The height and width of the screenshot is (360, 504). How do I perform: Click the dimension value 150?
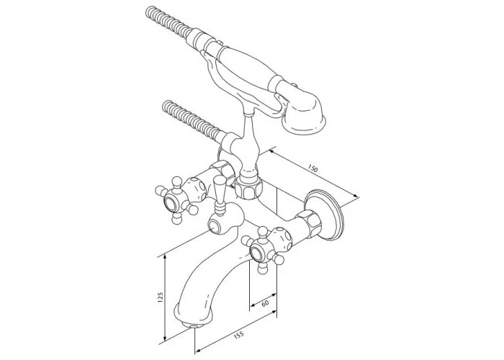pyautogui.click(x=312, y=168)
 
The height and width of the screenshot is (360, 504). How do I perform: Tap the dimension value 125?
pyautogui.click(x=161, y=298)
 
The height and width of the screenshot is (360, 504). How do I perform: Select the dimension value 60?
pyautogui.click(x=265, y=303)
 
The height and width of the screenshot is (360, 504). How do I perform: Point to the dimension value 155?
pyautogui.click(x=238, y=336)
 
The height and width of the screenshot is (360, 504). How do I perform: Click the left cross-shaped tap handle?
pyautogui.click(x=176, y=199)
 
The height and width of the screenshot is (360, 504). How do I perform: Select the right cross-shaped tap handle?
pyautogui.click(x=263, y=250)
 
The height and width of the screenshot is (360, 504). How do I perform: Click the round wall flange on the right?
pyautogui.click(x=325, y=215)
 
